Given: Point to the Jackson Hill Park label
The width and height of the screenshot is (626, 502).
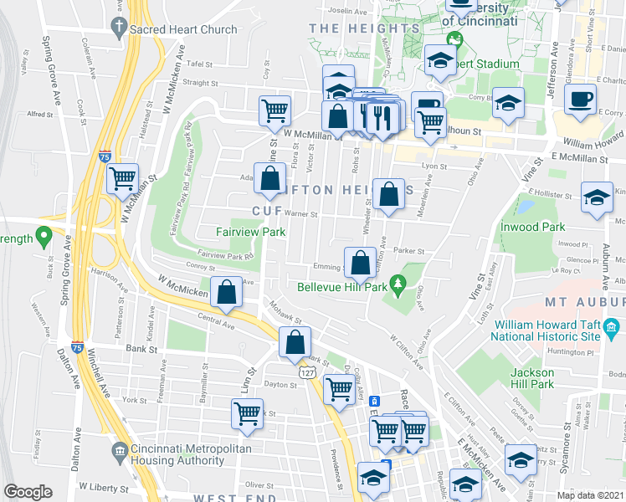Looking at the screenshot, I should (x=534, y=378).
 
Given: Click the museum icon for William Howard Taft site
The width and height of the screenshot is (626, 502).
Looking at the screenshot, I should (x=612, y=325).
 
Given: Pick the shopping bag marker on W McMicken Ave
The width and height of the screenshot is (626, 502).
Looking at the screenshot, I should (x=227, y=293).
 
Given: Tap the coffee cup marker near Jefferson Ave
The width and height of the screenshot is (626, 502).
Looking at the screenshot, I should (x=579, y=100).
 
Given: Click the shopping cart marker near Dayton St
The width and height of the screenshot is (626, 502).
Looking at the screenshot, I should (x=338, y=388).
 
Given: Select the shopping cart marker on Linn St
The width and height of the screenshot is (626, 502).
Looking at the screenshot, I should (x=248, y=413).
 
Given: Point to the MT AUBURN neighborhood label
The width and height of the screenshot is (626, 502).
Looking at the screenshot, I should (x=584, y=301).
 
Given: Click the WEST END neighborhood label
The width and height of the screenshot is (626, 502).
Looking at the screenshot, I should (x=230, y=498).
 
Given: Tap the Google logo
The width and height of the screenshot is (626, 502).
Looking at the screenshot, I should (x=28, y=492).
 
